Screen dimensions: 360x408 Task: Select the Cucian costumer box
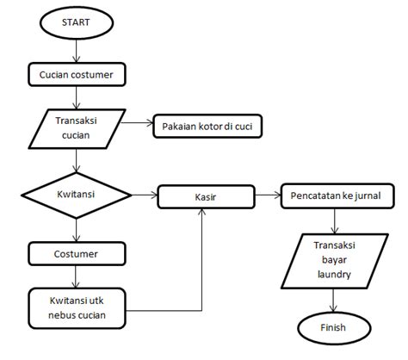(x=77, y=76)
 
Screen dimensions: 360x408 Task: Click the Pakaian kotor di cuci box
(x=207, y=128)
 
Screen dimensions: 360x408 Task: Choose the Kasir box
(x=205, y=197)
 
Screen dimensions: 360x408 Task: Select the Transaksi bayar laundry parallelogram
(x=333, y=258)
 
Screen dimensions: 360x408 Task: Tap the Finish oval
(x=334, y=329)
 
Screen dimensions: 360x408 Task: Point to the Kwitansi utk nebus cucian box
(x=77, y=305)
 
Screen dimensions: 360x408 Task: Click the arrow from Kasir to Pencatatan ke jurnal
(x=267, y=196)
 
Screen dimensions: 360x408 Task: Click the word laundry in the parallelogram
(x=333, y=275)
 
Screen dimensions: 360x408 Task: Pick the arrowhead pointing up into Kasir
(x=202, y=212)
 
